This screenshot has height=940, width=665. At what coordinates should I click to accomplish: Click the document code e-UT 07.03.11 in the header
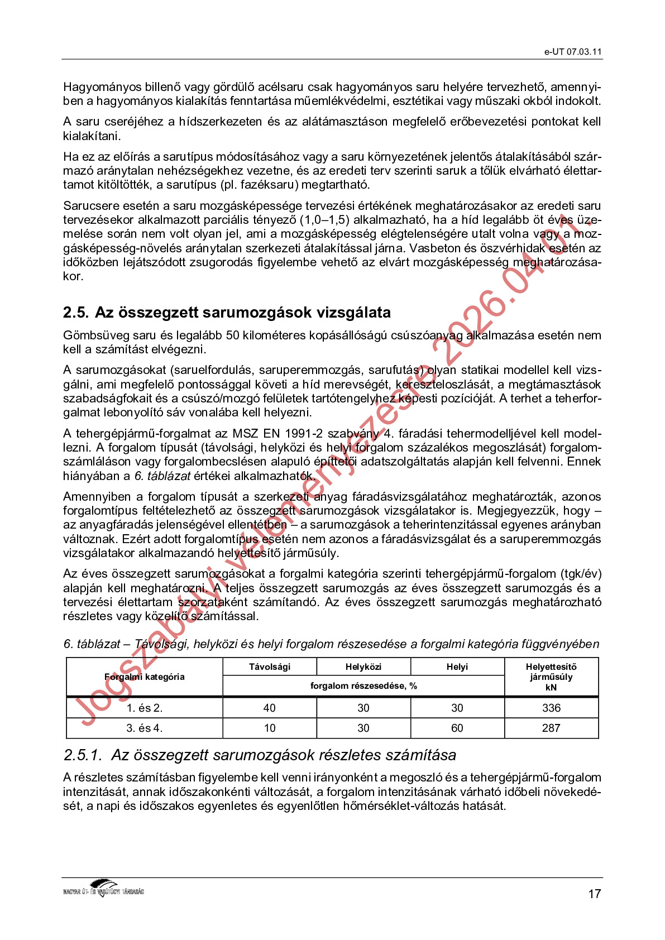[573, 52]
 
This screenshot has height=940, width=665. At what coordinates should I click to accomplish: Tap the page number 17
[594, 894]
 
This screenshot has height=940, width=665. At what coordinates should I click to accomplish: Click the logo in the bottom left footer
[104, 888]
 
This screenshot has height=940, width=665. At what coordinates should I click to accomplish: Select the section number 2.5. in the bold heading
[75, 313]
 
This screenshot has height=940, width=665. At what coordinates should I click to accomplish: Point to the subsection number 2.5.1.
[83, 755]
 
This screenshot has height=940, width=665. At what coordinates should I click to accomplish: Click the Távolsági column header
[270, 667]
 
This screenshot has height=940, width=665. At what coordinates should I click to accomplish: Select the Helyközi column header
[363, 667]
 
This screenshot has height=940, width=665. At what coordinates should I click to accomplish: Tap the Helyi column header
[457, 667]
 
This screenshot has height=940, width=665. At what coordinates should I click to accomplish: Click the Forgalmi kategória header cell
[145, 677]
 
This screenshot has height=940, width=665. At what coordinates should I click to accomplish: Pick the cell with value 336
[551, 708]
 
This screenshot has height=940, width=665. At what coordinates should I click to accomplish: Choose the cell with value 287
[551, 728]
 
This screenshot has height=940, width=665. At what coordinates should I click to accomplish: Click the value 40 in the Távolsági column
[270, 708]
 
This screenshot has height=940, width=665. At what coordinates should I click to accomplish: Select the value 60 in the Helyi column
[457, 728]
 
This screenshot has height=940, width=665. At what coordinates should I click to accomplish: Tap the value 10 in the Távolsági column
[270, 728]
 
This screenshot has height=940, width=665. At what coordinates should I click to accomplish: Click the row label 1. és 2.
[145, 708]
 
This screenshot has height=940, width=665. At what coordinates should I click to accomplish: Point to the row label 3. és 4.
[145, 728]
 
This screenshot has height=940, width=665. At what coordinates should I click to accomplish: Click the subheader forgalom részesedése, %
[363, 686]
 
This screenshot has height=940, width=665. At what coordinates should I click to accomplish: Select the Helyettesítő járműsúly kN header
[551, 677]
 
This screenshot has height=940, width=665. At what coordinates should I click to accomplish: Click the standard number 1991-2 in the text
[304, 434]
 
